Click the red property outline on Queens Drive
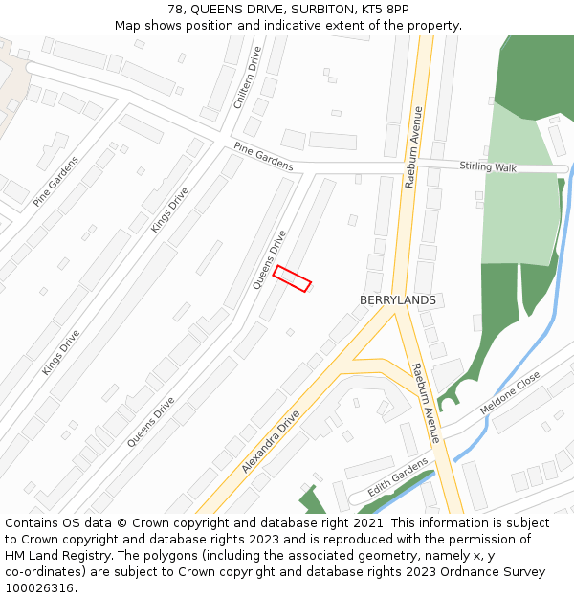(292, 278)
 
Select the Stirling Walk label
(488, 167)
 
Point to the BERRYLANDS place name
(397, 300)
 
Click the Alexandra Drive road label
(271, 441)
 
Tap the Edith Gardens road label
(398, 476)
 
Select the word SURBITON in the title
(289, 10)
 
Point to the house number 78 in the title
(175, 10)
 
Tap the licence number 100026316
(39, 588)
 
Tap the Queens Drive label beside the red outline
(270, 259)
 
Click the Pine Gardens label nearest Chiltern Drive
(263, 157)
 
